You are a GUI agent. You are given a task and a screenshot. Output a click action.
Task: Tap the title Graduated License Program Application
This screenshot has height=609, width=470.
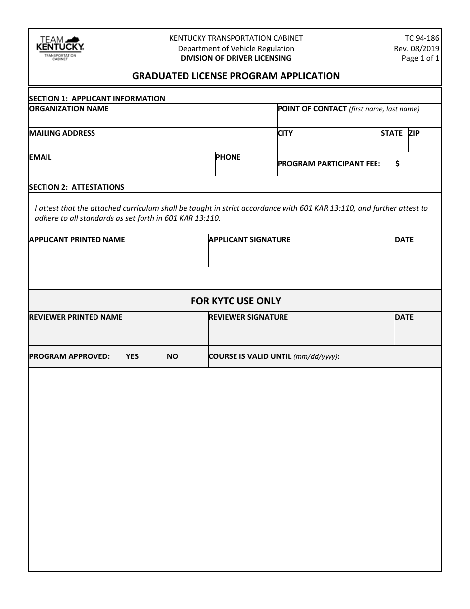(235, 76)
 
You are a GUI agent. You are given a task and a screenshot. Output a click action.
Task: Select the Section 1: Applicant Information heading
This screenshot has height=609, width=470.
(97, 98)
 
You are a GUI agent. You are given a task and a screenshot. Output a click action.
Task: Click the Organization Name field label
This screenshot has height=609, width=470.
(69, 109)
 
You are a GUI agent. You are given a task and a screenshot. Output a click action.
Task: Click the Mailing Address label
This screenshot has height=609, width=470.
(62, 133)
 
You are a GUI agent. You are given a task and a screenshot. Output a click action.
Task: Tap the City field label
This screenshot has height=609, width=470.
(285, 133)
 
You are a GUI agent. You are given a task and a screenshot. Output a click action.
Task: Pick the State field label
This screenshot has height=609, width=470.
(392, 133)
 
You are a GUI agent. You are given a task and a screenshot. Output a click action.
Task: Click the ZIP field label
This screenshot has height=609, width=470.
(414, 133)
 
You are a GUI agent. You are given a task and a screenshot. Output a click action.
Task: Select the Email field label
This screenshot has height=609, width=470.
(40, 157)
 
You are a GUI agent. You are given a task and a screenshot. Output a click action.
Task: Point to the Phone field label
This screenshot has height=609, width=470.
(228, 157)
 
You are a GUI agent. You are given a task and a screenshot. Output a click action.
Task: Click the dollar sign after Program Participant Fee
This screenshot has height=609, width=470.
(397, 164)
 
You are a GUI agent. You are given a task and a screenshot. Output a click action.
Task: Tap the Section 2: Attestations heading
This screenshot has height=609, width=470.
(77, 187)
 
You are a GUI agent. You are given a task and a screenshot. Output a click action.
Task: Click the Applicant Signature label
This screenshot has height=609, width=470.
(249, 240)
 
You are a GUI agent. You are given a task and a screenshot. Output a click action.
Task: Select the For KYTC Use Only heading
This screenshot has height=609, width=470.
(235, 301)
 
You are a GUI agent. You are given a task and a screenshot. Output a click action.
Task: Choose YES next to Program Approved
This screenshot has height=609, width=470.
(132, 356)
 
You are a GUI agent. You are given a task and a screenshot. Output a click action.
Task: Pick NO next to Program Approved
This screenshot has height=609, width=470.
(172, 356)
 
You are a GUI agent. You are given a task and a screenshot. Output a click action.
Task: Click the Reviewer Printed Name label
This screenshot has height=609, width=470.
(76, 317)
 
